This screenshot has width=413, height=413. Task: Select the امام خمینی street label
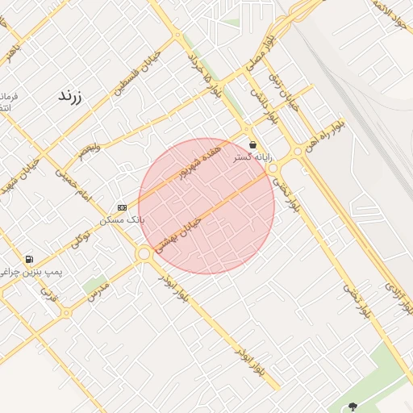(74, 185)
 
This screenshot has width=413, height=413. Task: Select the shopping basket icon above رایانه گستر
(253, 144)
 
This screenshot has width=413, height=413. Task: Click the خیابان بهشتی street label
(175, 230)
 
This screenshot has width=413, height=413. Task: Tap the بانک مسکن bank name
(121, 219)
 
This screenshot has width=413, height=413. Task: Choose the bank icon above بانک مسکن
(122, 207)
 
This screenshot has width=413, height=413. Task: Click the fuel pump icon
(30, 260)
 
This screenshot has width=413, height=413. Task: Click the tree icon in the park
(352, 407)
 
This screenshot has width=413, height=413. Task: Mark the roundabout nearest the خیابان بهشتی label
(144, 254)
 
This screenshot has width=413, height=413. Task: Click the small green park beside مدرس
(95, 285)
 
